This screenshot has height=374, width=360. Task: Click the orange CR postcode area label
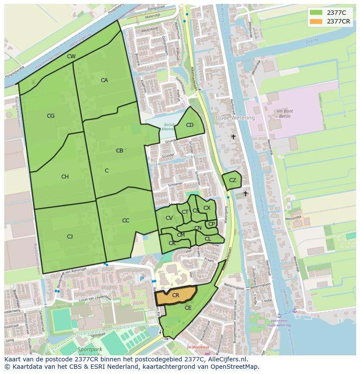point(175,295)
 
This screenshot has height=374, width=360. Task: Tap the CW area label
point(71,56)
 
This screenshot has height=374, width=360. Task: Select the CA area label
point(104,80)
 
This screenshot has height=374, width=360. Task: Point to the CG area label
point(50,116)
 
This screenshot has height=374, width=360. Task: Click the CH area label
point(65,177)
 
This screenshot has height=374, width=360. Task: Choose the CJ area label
point(70,236)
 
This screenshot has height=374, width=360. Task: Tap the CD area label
point(190,125)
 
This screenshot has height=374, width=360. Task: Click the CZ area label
point(233,180)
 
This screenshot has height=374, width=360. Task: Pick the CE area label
point(188,308)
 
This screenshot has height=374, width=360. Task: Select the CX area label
point(207,208)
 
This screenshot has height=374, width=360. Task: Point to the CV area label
point(169,218)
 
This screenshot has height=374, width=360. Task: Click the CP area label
point(211,224)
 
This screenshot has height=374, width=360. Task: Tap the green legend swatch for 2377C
point(316,12)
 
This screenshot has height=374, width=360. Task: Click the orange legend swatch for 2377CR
point(316,21)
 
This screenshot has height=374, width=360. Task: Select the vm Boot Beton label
point(284,114)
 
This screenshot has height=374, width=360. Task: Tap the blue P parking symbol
point(141,278)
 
